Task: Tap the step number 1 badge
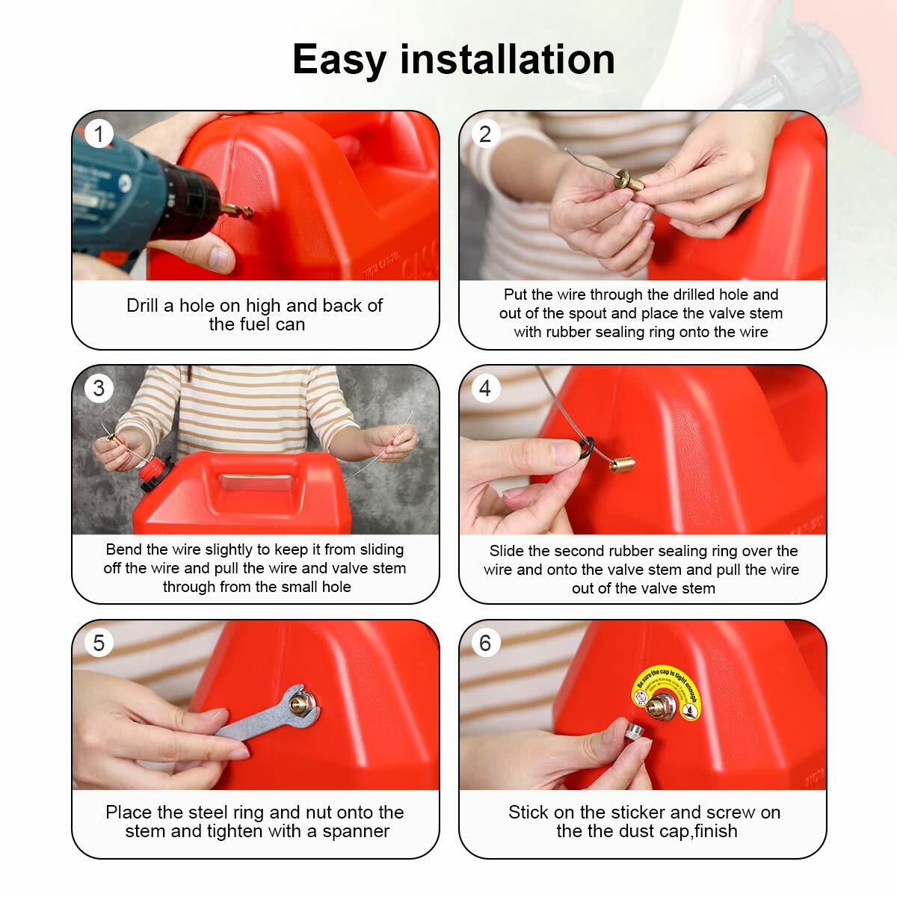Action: [x=99, y=135]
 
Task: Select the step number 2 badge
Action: [x=486, y=134]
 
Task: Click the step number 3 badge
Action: [x=99, y=388]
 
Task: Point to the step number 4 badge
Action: [x=486, y=388]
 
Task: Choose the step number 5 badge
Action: [x=99, y=643]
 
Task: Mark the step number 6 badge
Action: [x=486, y=643]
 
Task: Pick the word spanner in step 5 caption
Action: [x=356, y=831]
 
